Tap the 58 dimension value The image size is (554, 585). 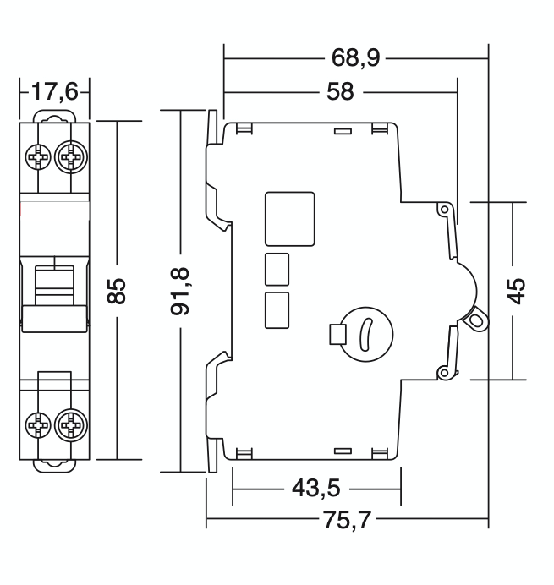tap(340, 91)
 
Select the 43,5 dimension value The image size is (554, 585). tap(315, 489)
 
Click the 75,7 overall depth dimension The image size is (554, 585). tap(346, 519)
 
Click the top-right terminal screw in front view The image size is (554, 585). tap(70, 156)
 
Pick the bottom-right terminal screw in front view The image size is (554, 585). tap(70, 425)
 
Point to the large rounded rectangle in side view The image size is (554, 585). tap(289, 218)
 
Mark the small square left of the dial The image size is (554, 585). tap(336, 335)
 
